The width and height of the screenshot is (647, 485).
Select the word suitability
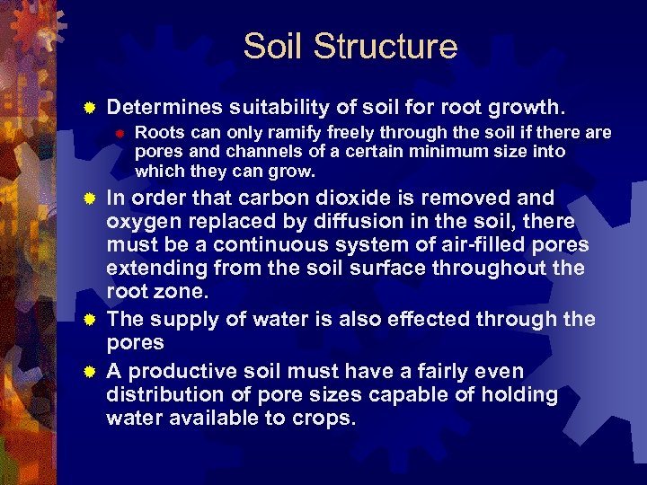(278, 109)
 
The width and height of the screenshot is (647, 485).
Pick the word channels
(246, 152)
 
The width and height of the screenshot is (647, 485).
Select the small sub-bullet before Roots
(117, 133)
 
